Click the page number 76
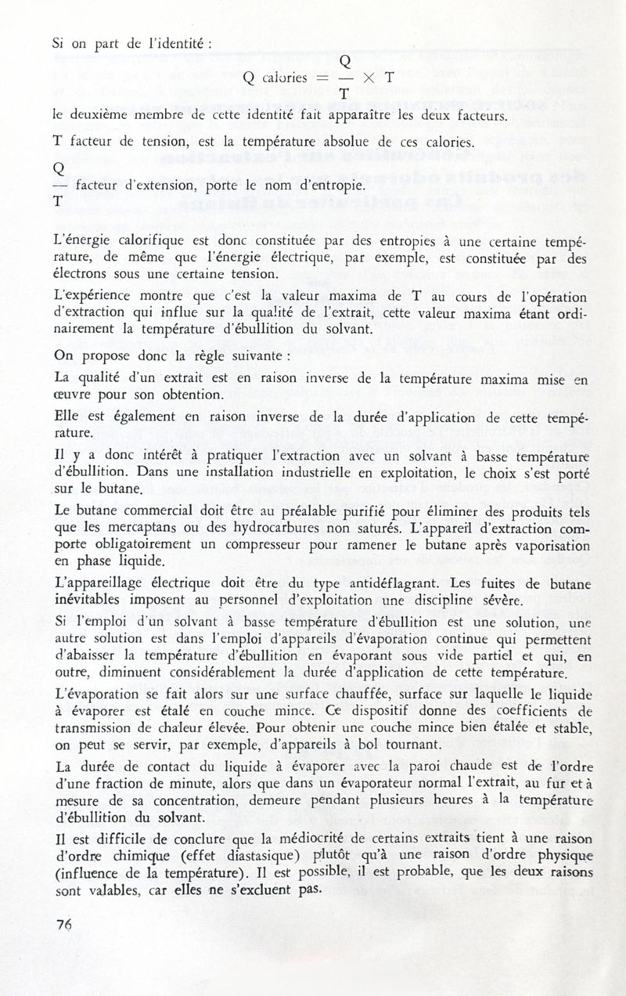(64, 924)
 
